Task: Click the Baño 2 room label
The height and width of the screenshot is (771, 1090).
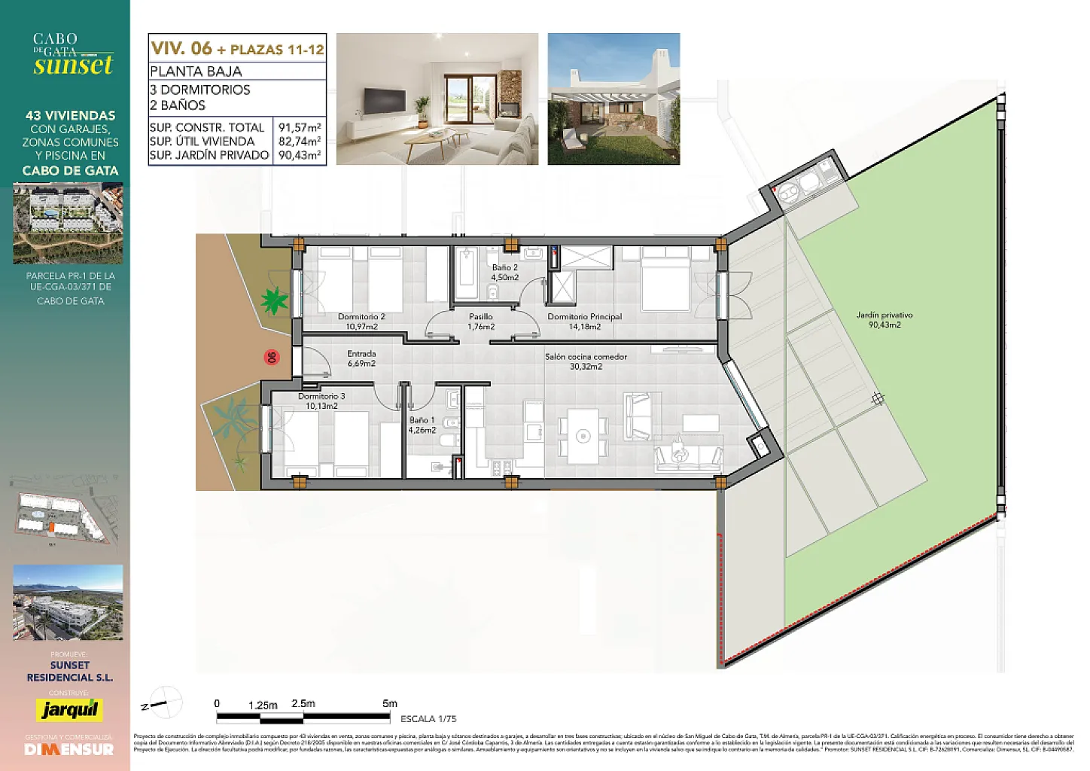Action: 505,272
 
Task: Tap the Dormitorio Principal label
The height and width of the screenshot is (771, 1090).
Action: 584,322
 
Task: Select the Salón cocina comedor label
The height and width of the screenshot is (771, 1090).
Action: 586,361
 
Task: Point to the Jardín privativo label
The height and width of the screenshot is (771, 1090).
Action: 884,320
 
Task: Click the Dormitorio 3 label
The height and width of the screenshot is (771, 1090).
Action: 321,401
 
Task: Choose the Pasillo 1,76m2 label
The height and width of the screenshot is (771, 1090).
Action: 481,322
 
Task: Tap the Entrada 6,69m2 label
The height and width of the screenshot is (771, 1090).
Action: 361,358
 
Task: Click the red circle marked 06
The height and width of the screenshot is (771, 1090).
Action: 272,358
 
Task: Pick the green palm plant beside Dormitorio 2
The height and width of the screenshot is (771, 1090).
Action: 273,301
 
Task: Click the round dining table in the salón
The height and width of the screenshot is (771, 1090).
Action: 582,436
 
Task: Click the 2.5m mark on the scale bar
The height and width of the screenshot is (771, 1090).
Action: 303,704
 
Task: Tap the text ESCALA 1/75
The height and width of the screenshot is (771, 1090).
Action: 428,719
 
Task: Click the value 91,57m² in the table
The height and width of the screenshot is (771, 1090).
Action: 300,127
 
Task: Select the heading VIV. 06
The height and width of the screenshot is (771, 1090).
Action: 181,48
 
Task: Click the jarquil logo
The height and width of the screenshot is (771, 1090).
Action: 69,709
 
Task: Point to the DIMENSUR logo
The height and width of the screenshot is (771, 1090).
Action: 69,749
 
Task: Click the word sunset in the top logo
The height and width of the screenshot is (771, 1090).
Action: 73,66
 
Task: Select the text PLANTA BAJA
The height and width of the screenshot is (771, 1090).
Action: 196,72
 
